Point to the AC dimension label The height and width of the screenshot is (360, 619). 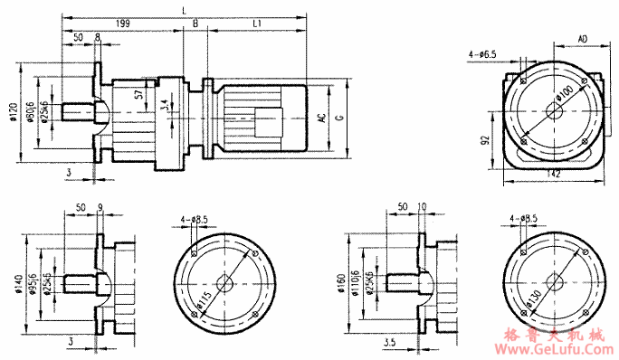click(x=321, y=118)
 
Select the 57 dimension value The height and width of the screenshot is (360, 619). click(x=138, y=93)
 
